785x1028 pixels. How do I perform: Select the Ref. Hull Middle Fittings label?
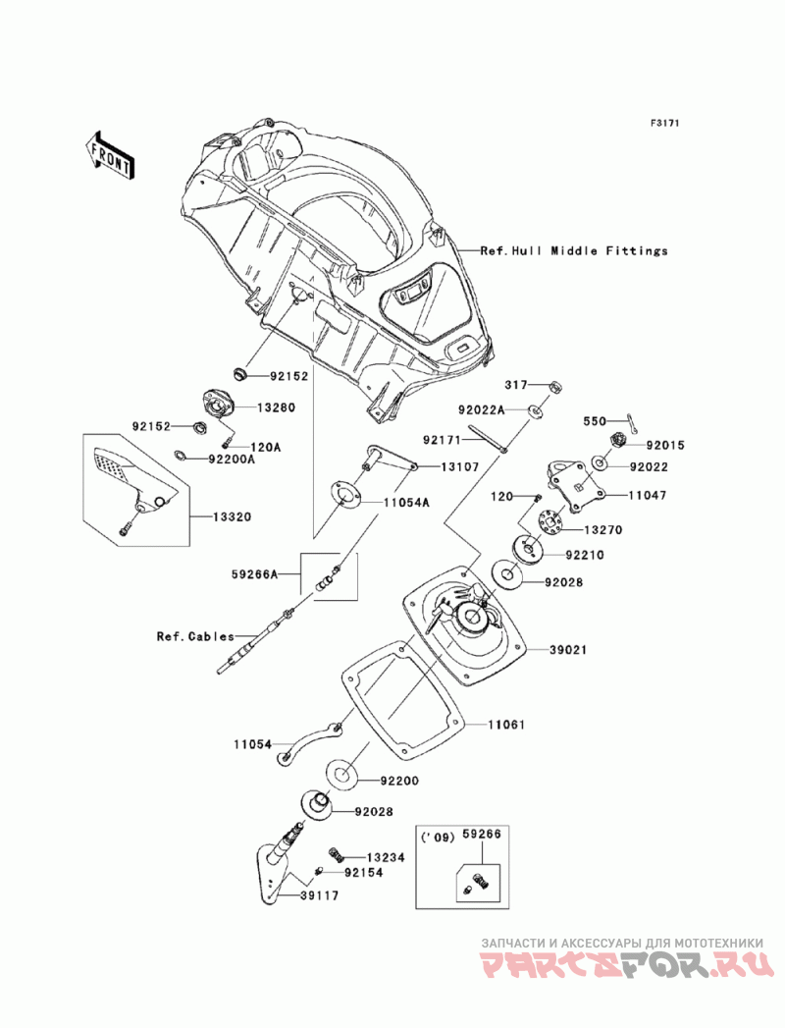pyautogui.click(x=574, y=251)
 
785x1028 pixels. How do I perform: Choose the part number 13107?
pyautogui.click(x=459, y=468)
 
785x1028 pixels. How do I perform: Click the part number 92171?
pyautogui.click(x=443, y=442)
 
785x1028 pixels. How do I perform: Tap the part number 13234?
pyautogui.click(x=386, y=857)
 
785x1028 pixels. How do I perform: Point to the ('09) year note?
pyautogui.click(x=438, y=837)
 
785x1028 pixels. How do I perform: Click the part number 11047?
pyautogui.click(x=648, y=497)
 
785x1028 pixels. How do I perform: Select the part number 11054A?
pyautogui.click(x=406, y=502)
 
